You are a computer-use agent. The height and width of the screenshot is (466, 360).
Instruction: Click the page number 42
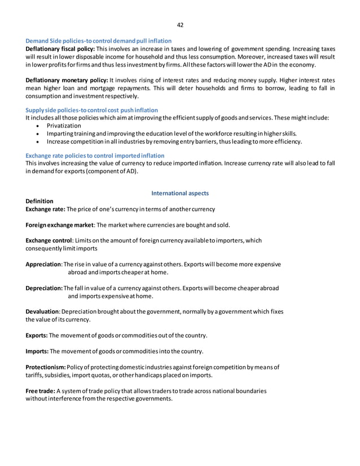(x=180, y=25)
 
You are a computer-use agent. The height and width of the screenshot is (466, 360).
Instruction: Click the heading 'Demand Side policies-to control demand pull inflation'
(x=99, y=41)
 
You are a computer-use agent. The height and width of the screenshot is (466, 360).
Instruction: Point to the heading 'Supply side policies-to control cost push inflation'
(x=92, y=109)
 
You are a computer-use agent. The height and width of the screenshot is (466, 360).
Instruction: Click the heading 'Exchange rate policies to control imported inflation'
(x=95, y=155)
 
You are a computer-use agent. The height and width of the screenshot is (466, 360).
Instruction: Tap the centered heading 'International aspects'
(x=180, y=194)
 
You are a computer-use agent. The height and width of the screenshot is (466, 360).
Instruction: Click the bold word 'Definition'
(x=40, y=201)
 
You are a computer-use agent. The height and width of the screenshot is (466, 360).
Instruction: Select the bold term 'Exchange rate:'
(x=46, y=209)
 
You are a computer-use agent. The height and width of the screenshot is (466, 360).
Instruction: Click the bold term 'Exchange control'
(x=49, y=240)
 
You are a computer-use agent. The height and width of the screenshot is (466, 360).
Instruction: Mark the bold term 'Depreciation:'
(x=45, y=288)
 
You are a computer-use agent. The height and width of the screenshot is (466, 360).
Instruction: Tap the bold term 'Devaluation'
(x=43, y=311)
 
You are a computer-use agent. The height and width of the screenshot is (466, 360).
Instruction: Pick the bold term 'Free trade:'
(x=41, y=391)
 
